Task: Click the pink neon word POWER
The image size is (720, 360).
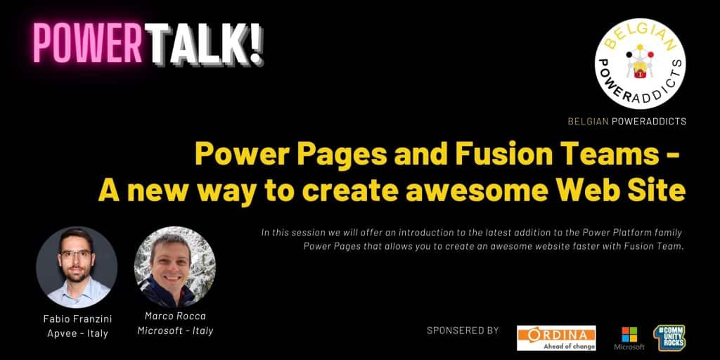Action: (x=87, y=43)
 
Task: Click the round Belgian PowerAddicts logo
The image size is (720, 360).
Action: (x=640, y=64)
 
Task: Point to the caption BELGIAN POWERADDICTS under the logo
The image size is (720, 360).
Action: (x=626, y=122)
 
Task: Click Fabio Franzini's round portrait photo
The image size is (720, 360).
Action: (x=77, y=267)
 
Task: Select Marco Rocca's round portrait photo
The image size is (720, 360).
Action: (x=175, y=267)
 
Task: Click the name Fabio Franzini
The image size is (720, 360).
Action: (x=77, y=319)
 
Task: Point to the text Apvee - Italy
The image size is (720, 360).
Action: (x=77, y=333)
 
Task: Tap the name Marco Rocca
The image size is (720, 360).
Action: (x=175, y=316)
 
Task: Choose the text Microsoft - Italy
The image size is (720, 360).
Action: (x=175, y=330)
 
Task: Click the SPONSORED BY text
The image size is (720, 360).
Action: (x=463, y=330)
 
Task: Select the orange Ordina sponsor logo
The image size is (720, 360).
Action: (x=556, y=338)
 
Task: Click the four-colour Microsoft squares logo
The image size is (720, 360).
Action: (x=629, y=334)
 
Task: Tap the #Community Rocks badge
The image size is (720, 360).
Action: (x=669, y=338)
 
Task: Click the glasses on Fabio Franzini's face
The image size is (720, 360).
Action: (x=76, y=254)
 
